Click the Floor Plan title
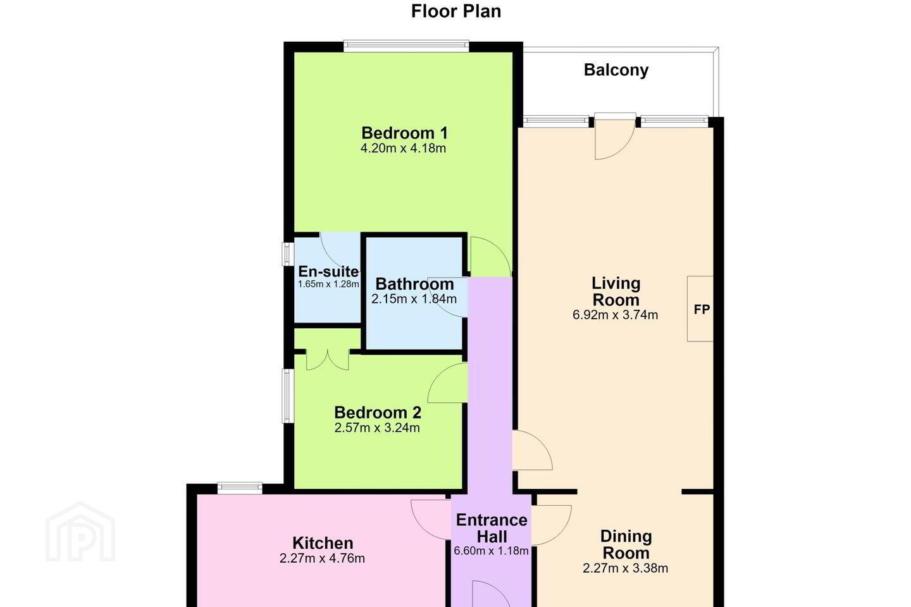[456, 11]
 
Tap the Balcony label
[616, 70]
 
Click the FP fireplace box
[700, 309]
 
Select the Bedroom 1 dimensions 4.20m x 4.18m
[403, 148]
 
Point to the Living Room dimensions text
[615, 315]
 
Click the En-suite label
[328, 271]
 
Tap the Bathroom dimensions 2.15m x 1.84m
[414, 299]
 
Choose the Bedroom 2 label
[378, 412]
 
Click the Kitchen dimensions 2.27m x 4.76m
[322, 558]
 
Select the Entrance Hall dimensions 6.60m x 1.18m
[492, 551]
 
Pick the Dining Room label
[626, 544]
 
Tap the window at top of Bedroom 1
[406, 46]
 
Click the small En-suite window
[288, 254]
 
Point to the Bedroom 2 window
[288, 396]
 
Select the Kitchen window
[240, 488]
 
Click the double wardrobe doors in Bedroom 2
[328, 360]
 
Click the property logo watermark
[80, 532]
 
